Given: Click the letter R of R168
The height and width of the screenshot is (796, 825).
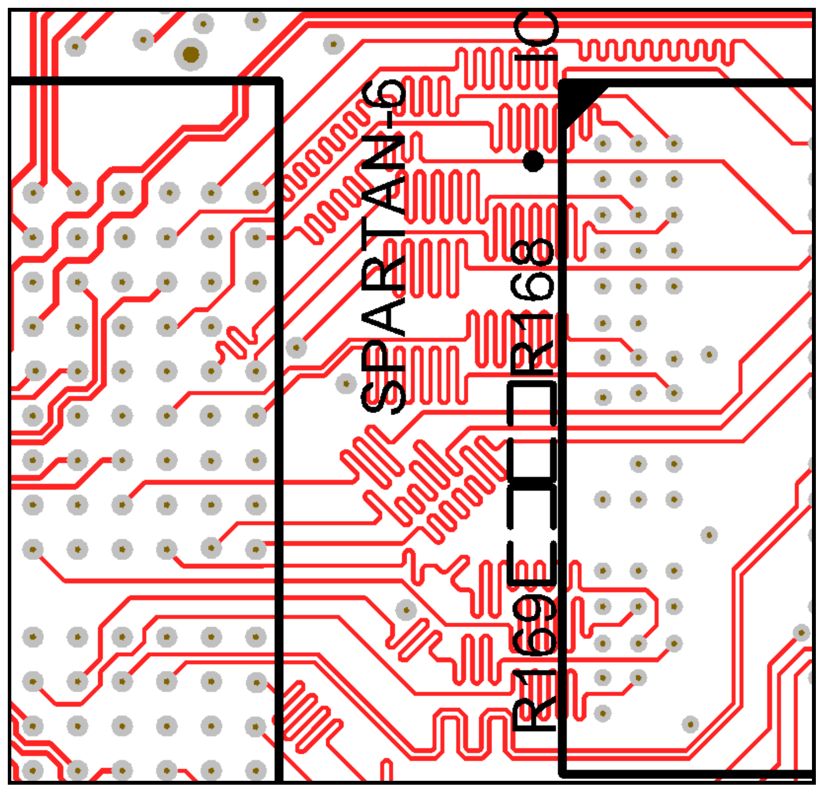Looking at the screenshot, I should pyautogui.click(x=533, y=356).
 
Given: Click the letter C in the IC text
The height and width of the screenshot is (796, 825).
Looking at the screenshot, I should pyautogui.click(x=535, y=28).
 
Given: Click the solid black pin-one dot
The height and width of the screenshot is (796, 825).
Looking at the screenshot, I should pyautogui.click(x=533, y=161).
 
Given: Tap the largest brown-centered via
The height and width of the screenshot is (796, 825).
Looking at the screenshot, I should pyautogui.click(x=191, y=55).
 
